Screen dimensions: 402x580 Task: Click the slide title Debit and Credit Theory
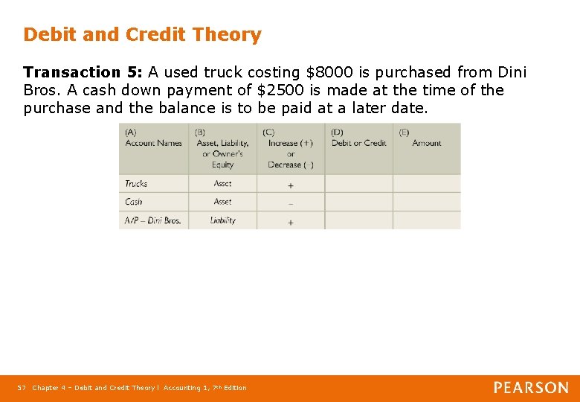[142, 35]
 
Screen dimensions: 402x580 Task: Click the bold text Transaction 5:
[83, 72]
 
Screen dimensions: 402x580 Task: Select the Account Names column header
[153, 143]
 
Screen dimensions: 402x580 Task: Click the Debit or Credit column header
[358, 143]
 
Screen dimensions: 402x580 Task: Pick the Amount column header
[426, 143]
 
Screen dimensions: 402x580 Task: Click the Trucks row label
[136, 183]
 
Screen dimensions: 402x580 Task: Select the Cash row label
[134, 202]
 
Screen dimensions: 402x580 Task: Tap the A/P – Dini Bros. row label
[152, 220]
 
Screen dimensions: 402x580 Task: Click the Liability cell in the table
[222, 220]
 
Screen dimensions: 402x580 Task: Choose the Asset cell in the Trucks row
[222, 183]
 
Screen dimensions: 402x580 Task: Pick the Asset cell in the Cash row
[222, 202]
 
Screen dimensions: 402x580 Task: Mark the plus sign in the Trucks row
[290, 185]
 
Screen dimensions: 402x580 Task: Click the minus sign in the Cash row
[290, 202]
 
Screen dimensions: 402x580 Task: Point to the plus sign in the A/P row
[290, 222]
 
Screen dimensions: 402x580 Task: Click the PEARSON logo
[531, 388]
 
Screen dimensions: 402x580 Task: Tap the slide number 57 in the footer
[22, 388]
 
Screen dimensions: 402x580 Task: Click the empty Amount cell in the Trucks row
[426, 183]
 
